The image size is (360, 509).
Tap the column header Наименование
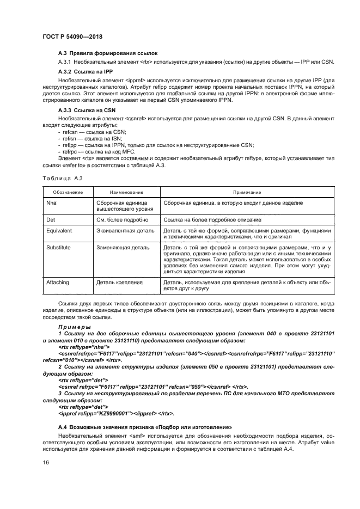point(126,192)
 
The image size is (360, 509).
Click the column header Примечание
point(247,192)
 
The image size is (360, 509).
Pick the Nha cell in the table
point(54,202)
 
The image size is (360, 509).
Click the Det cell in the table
point(53,219)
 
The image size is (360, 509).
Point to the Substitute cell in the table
point(61,248)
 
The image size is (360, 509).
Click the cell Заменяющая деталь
point(123,248)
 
